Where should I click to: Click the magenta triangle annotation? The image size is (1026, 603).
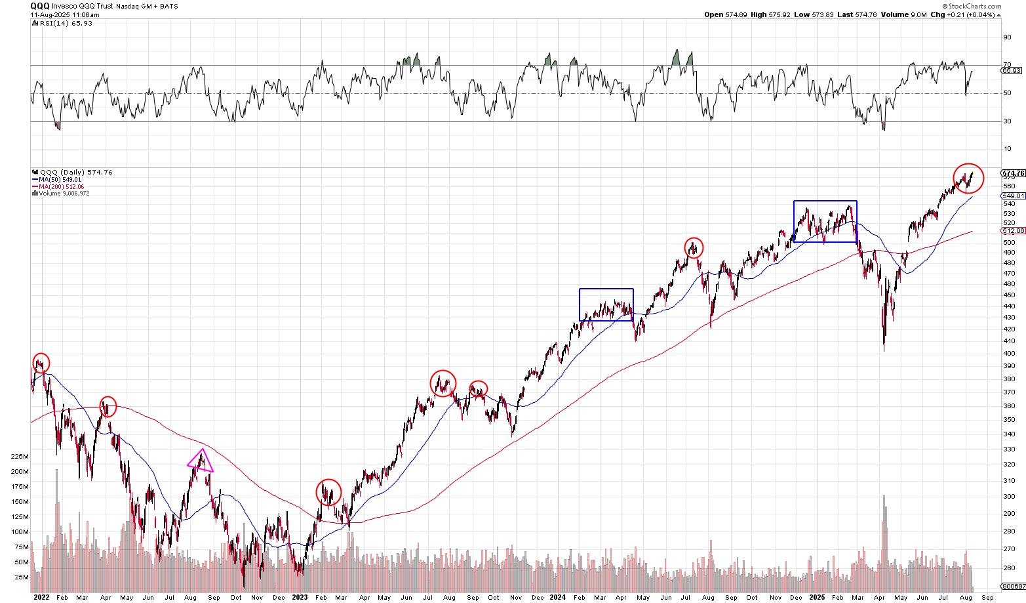click(x=200, y=461)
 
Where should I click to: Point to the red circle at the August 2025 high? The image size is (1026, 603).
click(x=968, y=178)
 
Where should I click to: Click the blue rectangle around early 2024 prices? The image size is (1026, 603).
click(x=606, y=304)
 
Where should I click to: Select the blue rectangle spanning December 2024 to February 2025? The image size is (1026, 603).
click(x=825, y=221)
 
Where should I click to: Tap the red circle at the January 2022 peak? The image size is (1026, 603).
click(x=41, y=363)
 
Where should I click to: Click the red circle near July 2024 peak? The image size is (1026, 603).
click(x=694, y=247)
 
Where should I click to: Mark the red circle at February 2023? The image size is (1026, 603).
click(x=328, y=492)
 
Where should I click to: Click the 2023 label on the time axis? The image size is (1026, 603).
click(x=300, y=598)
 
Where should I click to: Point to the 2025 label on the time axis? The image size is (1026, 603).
click(x=817, y=598)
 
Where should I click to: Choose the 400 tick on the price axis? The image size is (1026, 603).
click(x=1010, y=353)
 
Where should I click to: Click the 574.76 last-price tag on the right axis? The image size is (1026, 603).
click(x=1014, y=174)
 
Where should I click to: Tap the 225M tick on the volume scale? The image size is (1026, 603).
click(x=20, y=457)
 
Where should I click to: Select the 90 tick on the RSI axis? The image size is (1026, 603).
click(x=1007, y=37)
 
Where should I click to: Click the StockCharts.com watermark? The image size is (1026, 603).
click(x=973, y=6)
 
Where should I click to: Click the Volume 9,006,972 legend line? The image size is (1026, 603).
click(x=64, y=194)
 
